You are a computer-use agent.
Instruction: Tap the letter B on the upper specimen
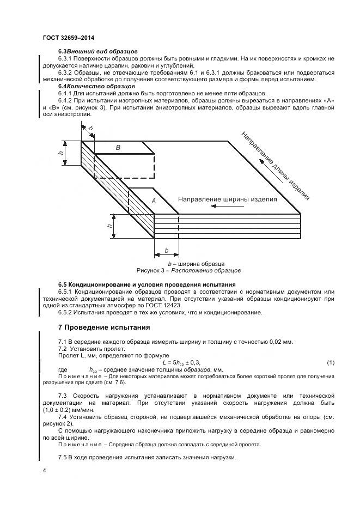[x=118, y=147]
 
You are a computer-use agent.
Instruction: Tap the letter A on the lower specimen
[x=154, y=201]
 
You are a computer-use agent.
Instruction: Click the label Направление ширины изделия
[x=228, y=199]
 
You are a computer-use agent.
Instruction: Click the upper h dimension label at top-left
[x=62, y=152]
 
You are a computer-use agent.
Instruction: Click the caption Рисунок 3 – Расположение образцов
[x=188, y=270]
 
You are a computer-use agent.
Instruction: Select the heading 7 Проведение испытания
[x=100, y=327]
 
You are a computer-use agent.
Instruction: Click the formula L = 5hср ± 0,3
[x=182, y=362]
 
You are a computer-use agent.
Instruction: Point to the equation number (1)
[x=330, y=362]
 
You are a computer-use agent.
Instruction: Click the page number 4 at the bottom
[x=44, y=469]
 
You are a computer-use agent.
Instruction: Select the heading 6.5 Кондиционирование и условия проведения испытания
[x=147, y=284]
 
